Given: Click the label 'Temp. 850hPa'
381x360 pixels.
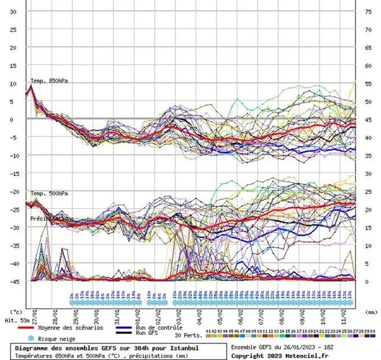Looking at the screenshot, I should tap(48, 81).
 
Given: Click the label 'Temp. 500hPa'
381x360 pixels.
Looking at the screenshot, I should tap(48, 192).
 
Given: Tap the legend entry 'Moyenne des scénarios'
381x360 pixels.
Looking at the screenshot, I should tap(73, 327).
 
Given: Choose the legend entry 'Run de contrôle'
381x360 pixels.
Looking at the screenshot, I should tap(152, 327).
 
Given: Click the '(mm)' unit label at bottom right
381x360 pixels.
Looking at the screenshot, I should tap(370, 312).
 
